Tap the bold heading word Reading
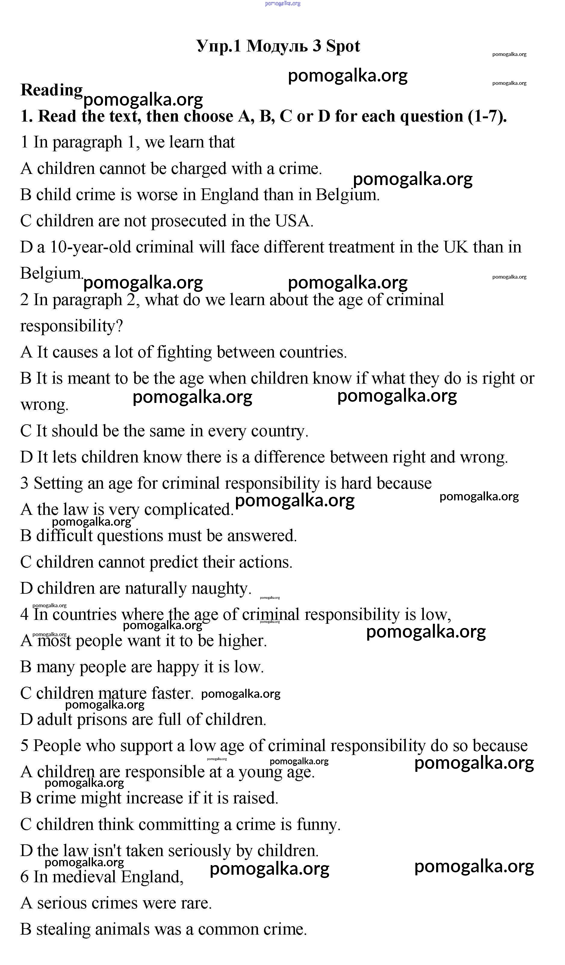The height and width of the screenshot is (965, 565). click(51, 90)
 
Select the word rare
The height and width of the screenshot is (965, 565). click(197, 903)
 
